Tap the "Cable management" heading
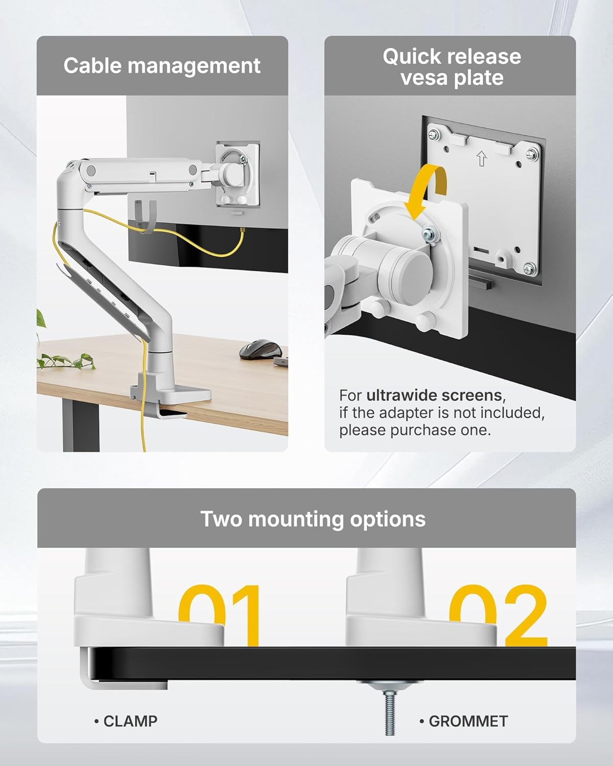[162, 66]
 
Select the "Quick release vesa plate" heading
[452, 67]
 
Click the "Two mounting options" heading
[313, 519]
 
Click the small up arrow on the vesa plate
[481, 159]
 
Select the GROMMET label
[467, 721]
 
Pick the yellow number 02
[498, 615]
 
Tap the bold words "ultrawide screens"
[434, 395]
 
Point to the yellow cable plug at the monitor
[242, 232]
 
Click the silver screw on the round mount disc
[428, 234]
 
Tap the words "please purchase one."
[415, 430]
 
